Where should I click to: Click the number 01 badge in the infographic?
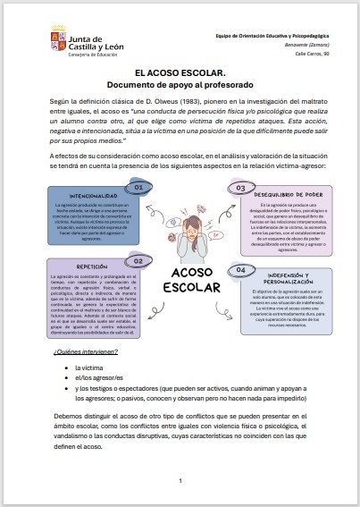(139, 188)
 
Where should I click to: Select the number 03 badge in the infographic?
(240, 188)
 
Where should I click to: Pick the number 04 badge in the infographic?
(240, 269)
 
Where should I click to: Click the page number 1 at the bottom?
(180, 480)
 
